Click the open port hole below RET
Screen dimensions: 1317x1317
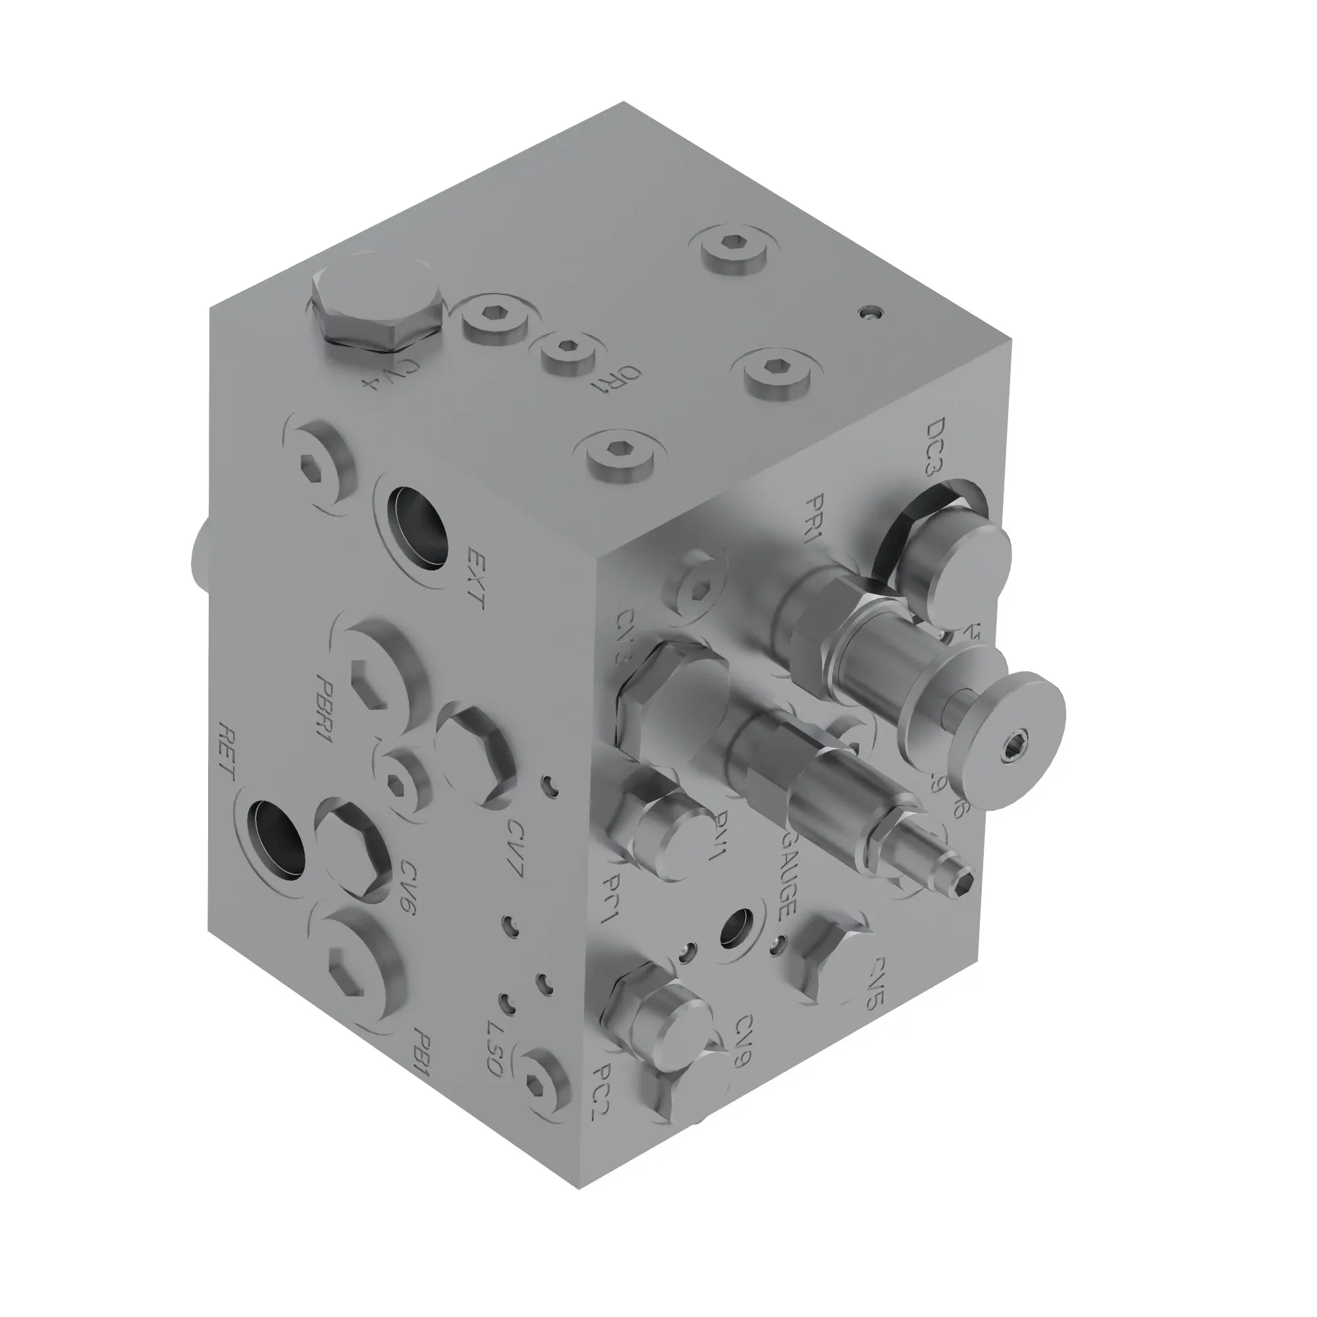click(275, 839)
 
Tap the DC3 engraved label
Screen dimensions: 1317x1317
click(938, 447)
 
